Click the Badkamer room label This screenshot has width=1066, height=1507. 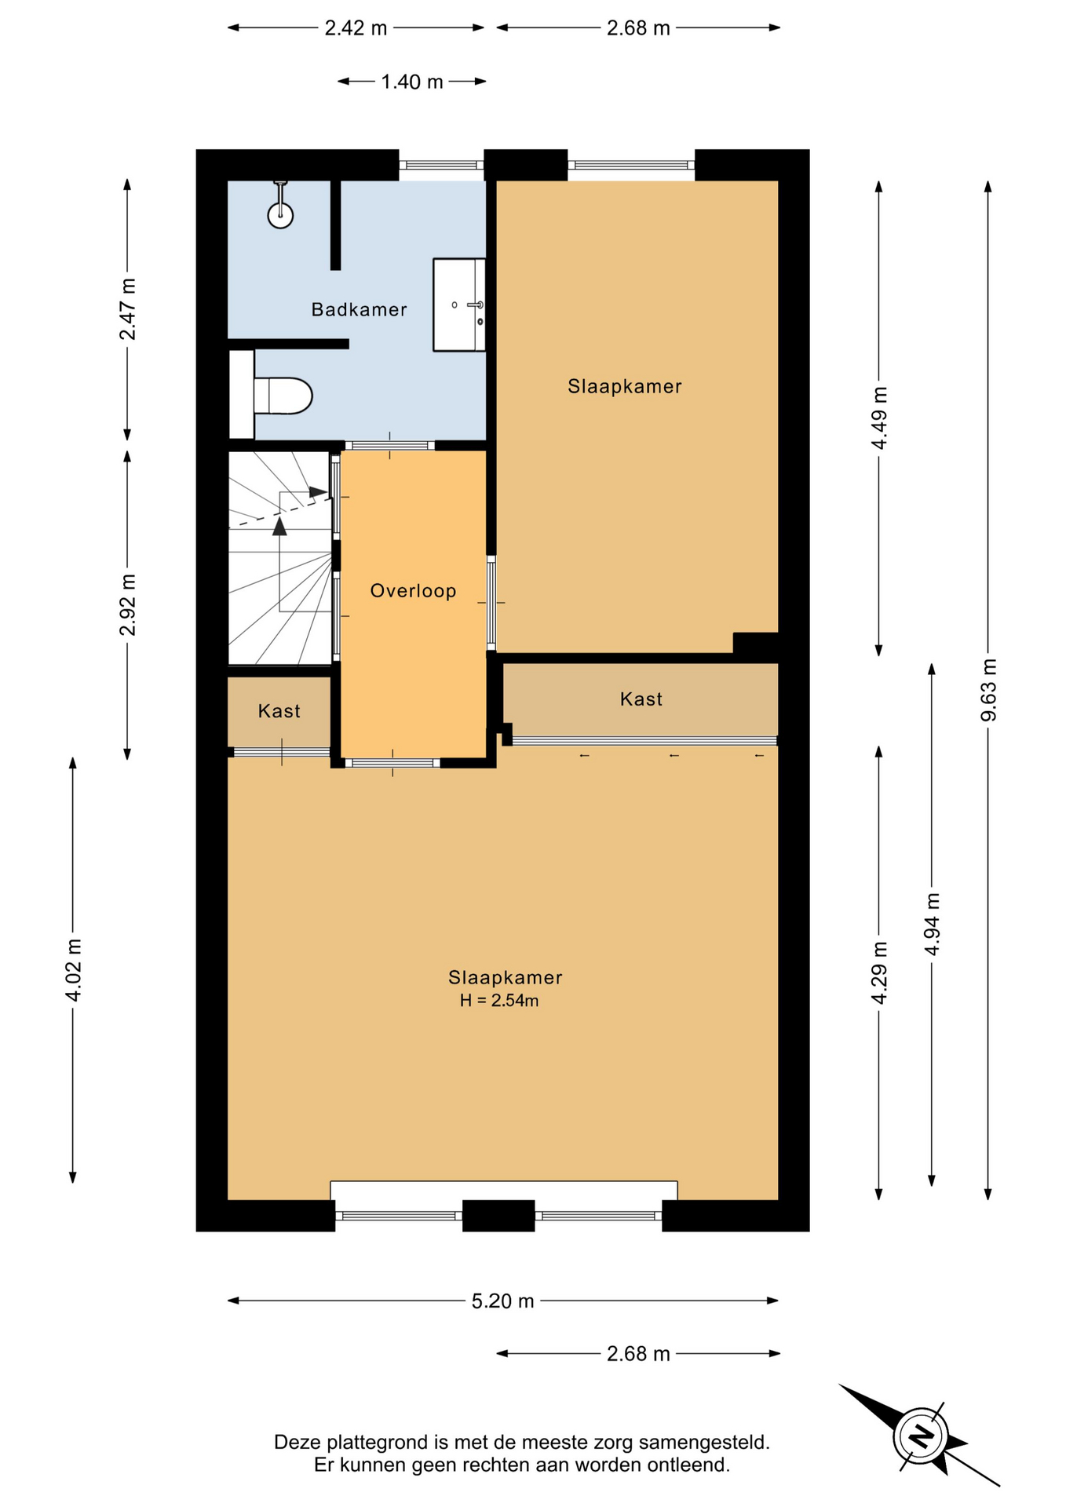pos(359,309)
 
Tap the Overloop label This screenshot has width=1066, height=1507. pos(413,590)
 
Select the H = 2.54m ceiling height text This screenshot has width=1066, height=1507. pos(499,1000)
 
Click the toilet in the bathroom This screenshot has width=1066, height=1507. pos(283,396)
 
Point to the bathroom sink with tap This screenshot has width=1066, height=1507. pos(459,305)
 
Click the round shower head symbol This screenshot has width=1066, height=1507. pos(280,214)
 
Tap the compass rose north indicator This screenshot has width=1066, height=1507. pos(920,1436)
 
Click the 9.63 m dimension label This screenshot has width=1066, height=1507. pos(988,690)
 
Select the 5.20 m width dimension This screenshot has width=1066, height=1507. pos(502,1301)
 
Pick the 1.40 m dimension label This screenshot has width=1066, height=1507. pos(412,82)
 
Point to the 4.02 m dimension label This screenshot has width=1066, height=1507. pos(73,970)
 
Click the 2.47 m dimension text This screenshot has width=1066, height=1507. pos(127,309)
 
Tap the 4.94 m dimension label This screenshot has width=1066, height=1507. pos(932,924)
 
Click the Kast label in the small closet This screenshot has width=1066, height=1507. pos(279,711)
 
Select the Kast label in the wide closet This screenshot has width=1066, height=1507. pos(641,699)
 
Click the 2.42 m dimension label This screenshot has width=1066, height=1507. pos(356,28)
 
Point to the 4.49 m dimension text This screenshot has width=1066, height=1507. pos(879,418)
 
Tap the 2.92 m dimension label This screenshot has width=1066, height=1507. pos(127,605)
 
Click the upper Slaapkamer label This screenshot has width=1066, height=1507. pos(625,386)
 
